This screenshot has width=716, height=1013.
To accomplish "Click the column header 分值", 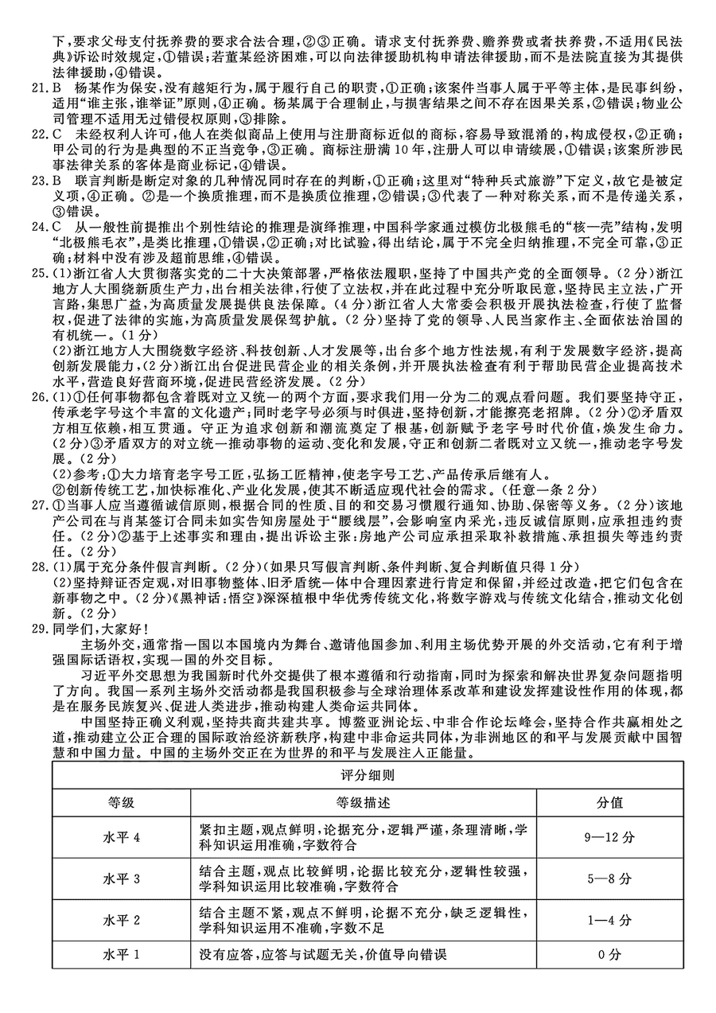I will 610,802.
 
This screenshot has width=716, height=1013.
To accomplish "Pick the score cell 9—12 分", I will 610,837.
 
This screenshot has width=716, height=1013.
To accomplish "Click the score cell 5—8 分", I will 610,879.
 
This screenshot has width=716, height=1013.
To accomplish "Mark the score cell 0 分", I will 610,954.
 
